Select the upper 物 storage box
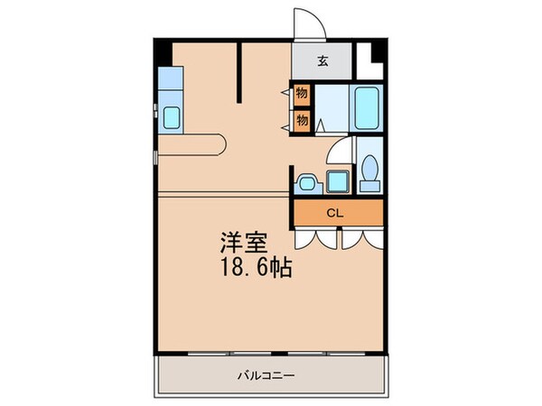pyautogui.click(x=302, y=93)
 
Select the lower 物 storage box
pyautogui.click(x=302, y=118)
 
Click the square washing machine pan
pyautogui.click(x=339, y=181)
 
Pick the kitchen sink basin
pyautogui.click(x=171, y=115)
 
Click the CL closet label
pyautogui.click(x=334, y=214)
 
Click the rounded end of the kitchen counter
pyautogui.click(x=220, y=142)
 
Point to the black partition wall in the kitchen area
pyautogui.click(x=240, y=72)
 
